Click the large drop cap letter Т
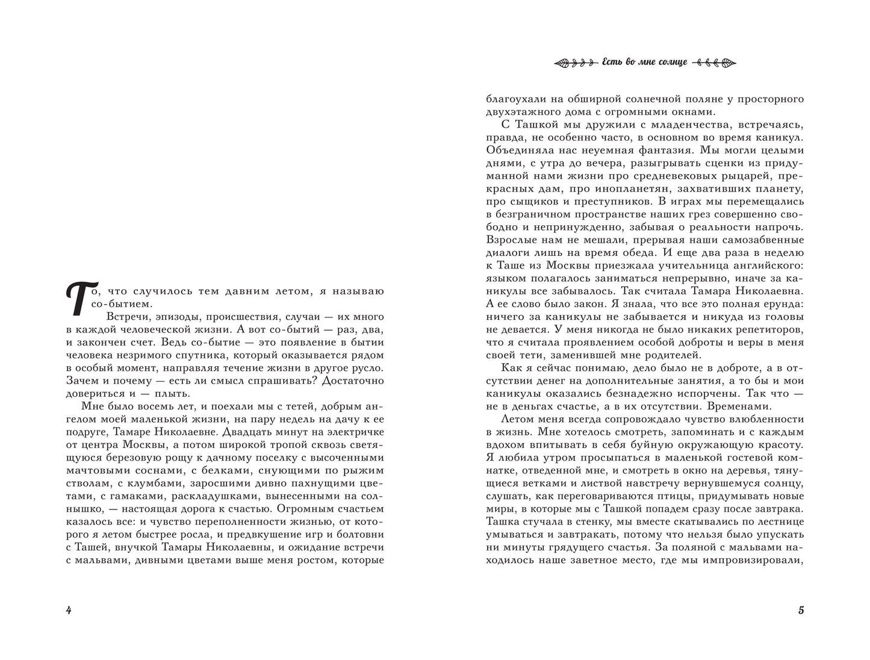click(76, 299)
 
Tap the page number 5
click(801, 610)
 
